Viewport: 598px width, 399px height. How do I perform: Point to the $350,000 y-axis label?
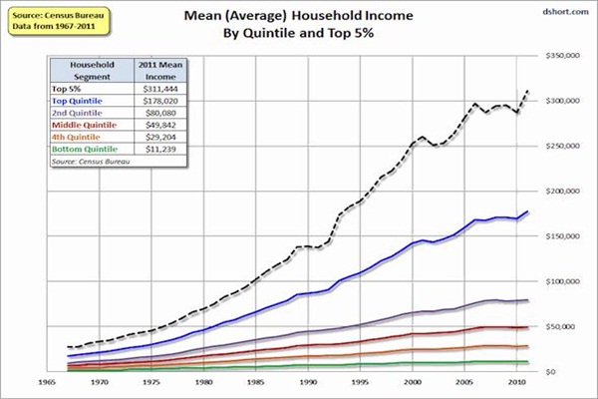560,57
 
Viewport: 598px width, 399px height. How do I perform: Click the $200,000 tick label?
560,192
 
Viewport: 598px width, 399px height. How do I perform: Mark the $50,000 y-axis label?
560,326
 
